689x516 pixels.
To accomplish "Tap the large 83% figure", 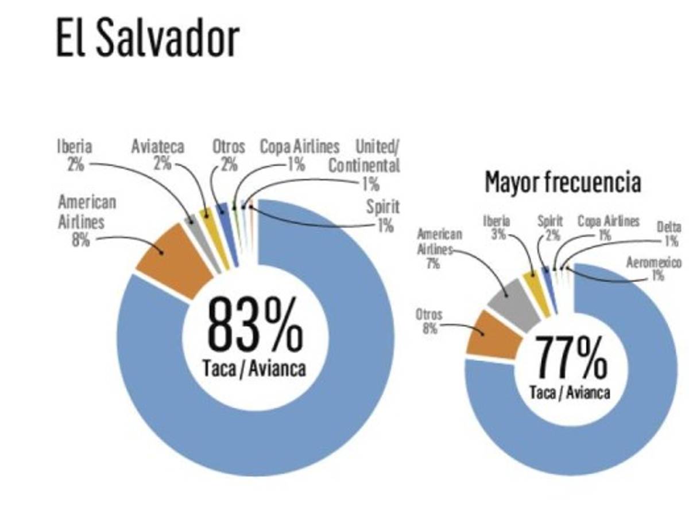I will pyautogui.click(x=254, y=325).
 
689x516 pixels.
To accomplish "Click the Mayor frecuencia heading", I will pyautogui.click(x=563, y=182).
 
